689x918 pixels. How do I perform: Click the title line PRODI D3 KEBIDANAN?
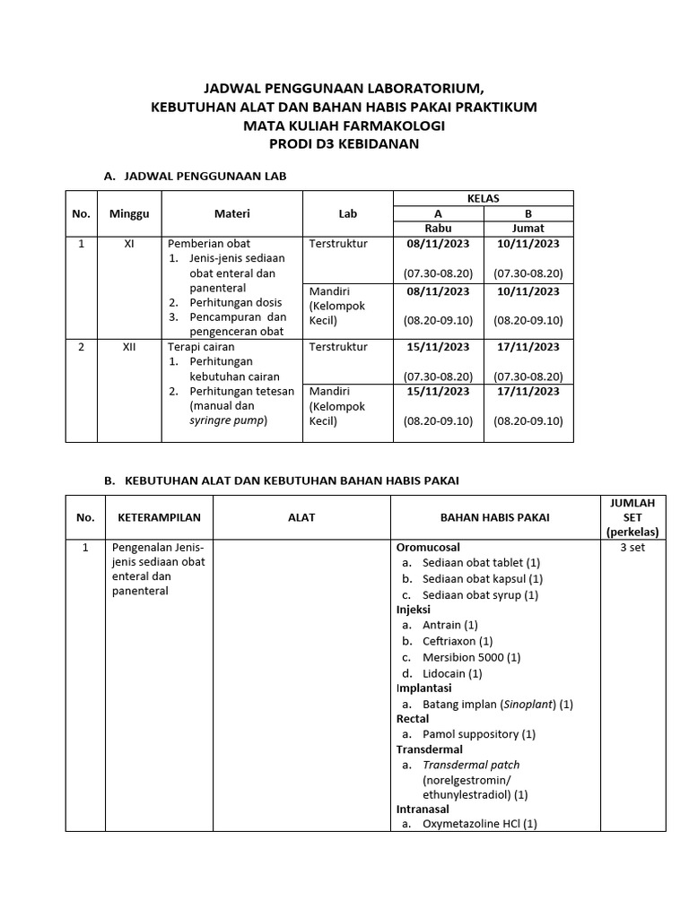point(344,143)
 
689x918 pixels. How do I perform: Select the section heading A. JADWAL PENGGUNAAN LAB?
point(196,177)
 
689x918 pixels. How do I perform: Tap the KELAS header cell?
point(483,198)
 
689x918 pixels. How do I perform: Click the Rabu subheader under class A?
point(438,228)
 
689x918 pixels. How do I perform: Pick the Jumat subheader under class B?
point(528,228)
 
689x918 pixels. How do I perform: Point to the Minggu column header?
point(129,213)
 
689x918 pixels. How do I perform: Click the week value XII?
point(129,347)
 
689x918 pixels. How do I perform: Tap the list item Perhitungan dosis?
point(235,302)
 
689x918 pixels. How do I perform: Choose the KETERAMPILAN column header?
point(160,517)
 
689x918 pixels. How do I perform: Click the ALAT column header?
point(301,517)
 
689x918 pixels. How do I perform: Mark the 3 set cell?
point(632,548)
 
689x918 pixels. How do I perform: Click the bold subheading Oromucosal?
point(428,547)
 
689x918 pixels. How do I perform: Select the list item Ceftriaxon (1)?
point(458,641)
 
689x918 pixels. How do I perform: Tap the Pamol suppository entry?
point(478,734)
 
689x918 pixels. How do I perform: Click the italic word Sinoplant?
point(528,704)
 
